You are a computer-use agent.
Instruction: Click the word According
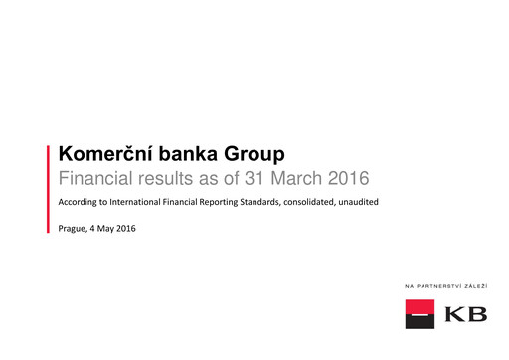coord(83,203)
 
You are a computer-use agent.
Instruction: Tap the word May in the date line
coord(108,230)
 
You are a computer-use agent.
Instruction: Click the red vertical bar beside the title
coord(49,188)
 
